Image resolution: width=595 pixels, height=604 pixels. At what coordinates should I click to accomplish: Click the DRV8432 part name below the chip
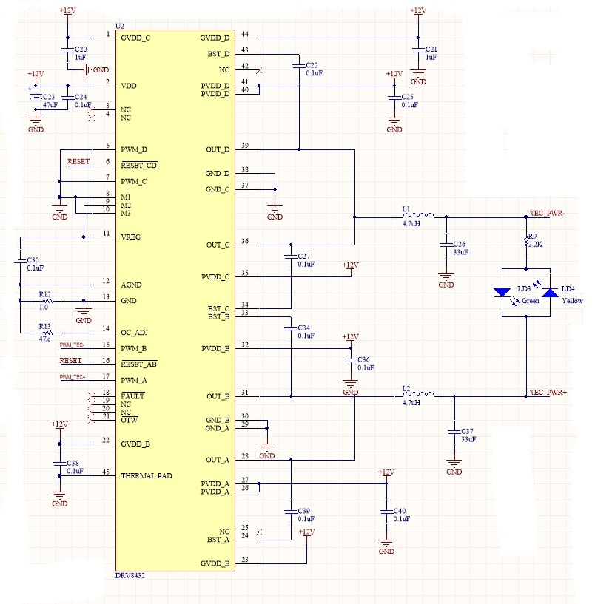point(130,575)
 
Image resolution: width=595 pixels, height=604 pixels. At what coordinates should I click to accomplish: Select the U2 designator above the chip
point(120,27)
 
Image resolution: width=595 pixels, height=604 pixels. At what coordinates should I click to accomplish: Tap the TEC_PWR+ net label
point(548,392)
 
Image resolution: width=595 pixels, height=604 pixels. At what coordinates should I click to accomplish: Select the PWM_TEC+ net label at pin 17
point(73,378)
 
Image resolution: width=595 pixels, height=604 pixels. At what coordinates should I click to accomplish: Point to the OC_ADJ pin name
point(135,332)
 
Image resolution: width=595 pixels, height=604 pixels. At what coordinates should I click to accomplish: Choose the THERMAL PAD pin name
point(146,476)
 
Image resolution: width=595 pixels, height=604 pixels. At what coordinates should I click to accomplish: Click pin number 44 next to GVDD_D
point(245,35)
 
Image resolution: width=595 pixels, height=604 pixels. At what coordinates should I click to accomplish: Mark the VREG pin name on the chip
point(131,237)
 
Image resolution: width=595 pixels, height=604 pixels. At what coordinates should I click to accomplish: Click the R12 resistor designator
point(45,294)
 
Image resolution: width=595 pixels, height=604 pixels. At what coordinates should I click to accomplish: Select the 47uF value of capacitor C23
point(51,106)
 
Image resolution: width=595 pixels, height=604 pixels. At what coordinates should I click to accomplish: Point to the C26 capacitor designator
point(459,244)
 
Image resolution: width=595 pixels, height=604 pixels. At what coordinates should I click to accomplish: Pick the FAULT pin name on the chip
point(132,396)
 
